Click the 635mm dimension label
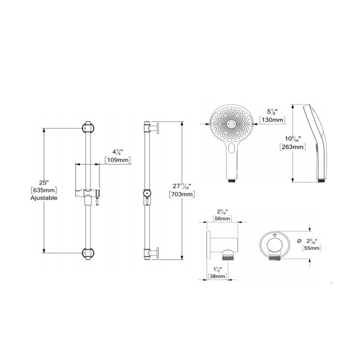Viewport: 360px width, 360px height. click(44, 190)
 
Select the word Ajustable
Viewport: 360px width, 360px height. click(44, 198)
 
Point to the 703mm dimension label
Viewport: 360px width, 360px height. click(182, 194)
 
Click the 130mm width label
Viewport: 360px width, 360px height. click(273, 120)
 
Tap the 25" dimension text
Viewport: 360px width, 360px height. click(44, 182)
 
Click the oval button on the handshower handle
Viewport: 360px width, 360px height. click(231, 149)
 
